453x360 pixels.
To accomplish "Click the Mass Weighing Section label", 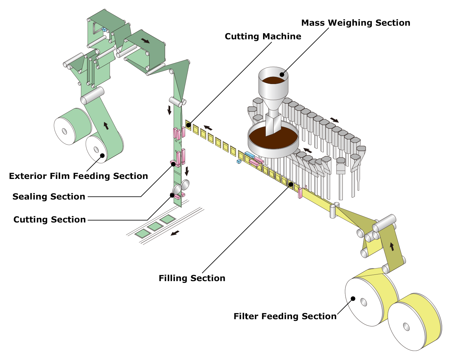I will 355,23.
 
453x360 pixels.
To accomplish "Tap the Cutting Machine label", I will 263,37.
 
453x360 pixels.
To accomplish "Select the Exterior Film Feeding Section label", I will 79,176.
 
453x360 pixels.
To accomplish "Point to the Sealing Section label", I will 49,197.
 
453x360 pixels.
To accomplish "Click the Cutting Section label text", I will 50,219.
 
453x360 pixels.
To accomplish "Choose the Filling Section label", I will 192,278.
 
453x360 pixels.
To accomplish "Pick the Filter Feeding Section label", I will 285,316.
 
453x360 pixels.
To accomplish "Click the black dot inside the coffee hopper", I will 282,74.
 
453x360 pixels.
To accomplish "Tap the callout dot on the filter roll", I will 352,298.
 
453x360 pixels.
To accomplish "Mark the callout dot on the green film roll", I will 102,156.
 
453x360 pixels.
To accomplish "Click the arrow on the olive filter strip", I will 392,247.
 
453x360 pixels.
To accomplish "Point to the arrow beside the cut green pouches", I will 175,233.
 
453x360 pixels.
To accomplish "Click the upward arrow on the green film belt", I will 106,125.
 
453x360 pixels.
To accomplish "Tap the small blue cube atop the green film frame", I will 104,30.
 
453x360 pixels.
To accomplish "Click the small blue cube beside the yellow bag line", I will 239,161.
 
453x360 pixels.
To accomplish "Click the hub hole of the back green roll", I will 65,131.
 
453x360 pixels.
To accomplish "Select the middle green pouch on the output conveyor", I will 156,226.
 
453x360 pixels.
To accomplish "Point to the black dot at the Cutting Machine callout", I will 188,125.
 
